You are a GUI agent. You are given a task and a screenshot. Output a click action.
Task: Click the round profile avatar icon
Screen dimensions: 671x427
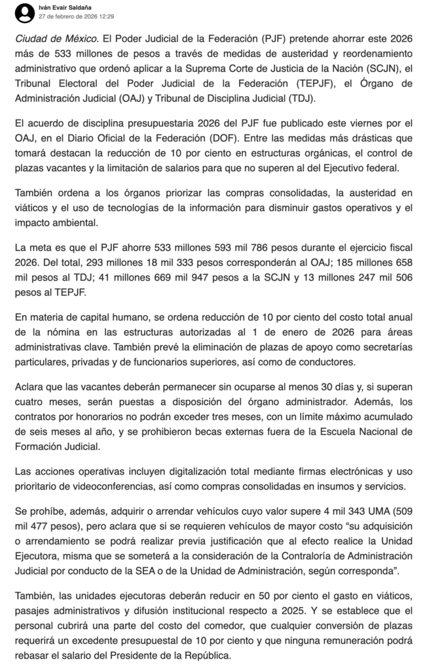[25, 11]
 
